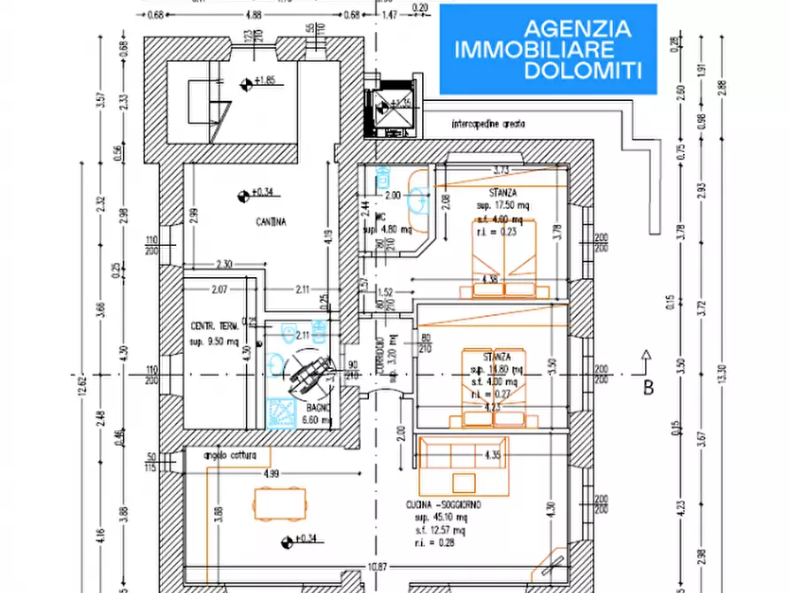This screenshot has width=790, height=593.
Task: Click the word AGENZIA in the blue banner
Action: click(579, 28)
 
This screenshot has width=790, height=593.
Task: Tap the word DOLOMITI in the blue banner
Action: click(583, 72)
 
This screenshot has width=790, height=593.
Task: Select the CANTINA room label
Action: click(273, 222)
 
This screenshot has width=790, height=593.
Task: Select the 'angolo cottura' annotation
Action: click(229, 455)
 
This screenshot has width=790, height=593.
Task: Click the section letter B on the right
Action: click(648, 386)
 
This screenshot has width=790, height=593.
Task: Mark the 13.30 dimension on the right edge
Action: click(721, 375)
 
